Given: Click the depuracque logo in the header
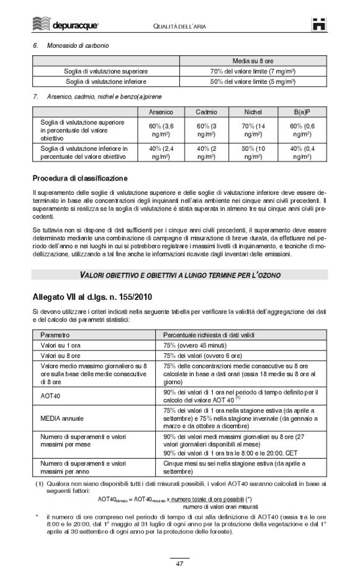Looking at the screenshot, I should point(65,25).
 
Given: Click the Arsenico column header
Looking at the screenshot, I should point(161,112).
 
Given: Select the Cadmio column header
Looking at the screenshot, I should point(206,112).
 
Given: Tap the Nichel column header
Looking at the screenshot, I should point(253,112).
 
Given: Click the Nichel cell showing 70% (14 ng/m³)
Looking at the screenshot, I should point(253,130).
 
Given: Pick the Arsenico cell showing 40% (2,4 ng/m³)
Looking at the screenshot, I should point(161,153).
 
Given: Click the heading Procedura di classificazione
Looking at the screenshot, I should point(80,179).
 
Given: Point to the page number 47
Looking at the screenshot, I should point(179,564).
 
